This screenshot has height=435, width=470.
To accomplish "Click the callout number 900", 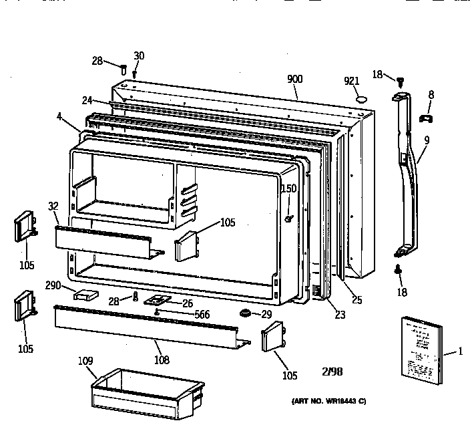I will tap(294, 79).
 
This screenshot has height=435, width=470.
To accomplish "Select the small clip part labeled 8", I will tap(425, 118).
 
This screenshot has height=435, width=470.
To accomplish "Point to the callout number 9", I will tap(427, 140).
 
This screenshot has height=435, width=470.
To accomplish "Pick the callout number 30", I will tap(139, 55).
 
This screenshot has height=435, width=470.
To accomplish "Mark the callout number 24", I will tap(87, 102).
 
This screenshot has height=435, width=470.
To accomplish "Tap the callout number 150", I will tap(288, 189).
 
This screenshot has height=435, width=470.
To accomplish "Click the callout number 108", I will tap(161, 360).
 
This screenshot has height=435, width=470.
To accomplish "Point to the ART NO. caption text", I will tap(328, 401).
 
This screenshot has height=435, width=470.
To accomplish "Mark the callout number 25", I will tap(357, 300).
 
